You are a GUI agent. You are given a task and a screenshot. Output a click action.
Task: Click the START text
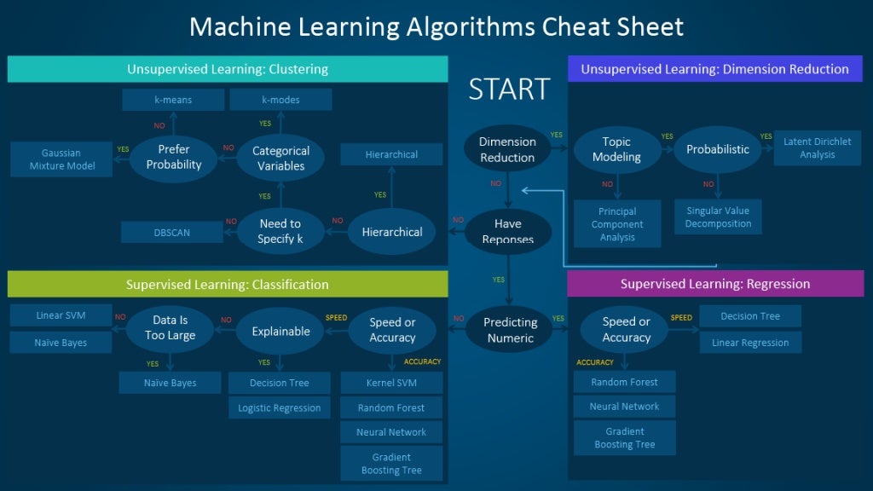pos(509,89)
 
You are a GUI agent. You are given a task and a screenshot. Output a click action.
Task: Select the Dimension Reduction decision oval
pos(507,149)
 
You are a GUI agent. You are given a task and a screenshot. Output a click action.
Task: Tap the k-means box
pos(173,100)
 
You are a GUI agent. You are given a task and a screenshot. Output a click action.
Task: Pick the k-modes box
pos(280,100)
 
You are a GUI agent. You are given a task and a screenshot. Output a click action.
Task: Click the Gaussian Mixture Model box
pos(61,159)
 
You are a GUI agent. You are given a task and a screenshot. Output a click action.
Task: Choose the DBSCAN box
pos(171,232)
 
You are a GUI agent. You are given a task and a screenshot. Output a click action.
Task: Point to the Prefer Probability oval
pos(174,157)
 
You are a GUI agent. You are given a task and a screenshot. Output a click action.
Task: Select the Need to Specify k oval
pos(280,231)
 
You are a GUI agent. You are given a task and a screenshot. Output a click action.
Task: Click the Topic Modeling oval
pos(616,149)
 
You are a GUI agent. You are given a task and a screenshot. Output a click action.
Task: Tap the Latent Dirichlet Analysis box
pos(817,148)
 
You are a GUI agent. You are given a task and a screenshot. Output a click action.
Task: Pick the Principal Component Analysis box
pos(617,224)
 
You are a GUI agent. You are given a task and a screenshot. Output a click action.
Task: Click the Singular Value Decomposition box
pos(718,217)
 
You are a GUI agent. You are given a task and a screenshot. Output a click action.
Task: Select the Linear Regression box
pos(750,343)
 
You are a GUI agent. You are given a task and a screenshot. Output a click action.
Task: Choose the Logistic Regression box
pos(280,407)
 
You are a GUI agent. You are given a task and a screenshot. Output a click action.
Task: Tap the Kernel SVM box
pos(391,383)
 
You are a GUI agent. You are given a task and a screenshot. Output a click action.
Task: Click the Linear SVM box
pos(61,315)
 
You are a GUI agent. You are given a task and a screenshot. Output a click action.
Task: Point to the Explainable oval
pos(280,331)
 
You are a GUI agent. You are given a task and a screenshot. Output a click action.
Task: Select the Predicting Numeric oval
pos(510,330)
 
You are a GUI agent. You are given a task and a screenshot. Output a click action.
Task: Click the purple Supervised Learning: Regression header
pos(714,284)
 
